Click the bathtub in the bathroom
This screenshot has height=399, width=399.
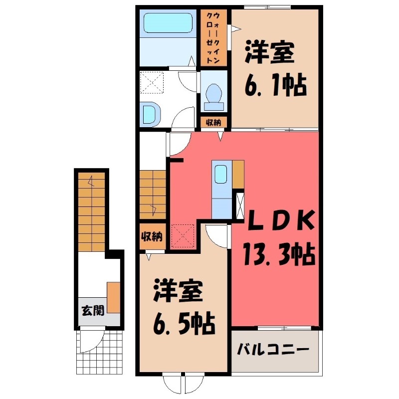[x=168, y=23]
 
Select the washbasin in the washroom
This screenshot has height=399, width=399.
[x=150, y=114]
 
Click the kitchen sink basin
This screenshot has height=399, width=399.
[x=220, y=174]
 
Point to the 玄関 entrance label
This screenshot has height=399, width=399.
[x=93, y=310]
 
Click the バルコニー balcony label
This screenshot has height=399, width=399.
[x=273, y=350]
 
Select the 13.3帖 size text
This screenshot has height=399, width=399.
[x=279, y=254]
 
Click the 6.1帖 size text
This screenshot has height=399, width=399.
[x=275, y=85]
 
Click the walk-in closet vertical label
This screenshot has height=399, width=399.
[x=213, y=38]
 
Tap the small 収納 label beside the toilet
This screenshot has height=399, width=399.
[x=213, y=122]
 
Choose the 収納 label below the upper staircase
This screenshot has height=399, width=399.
[x=152, y=237]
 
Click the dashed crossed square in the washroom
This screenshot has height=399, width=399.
[x=152, y=82]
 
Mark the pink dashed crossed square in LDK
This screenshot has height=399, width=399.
[x=183, y=235]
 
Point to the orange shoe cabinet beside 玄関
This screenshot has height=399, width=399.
[x=114, y=297]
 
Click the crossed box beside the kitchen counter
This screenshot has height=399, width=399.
[x=240, y=206]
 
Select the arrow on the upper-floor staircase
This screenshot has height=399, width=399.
[x=154, y=209]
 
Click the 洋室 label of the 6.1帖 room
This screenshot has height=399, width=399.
[x=269, y=53]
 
